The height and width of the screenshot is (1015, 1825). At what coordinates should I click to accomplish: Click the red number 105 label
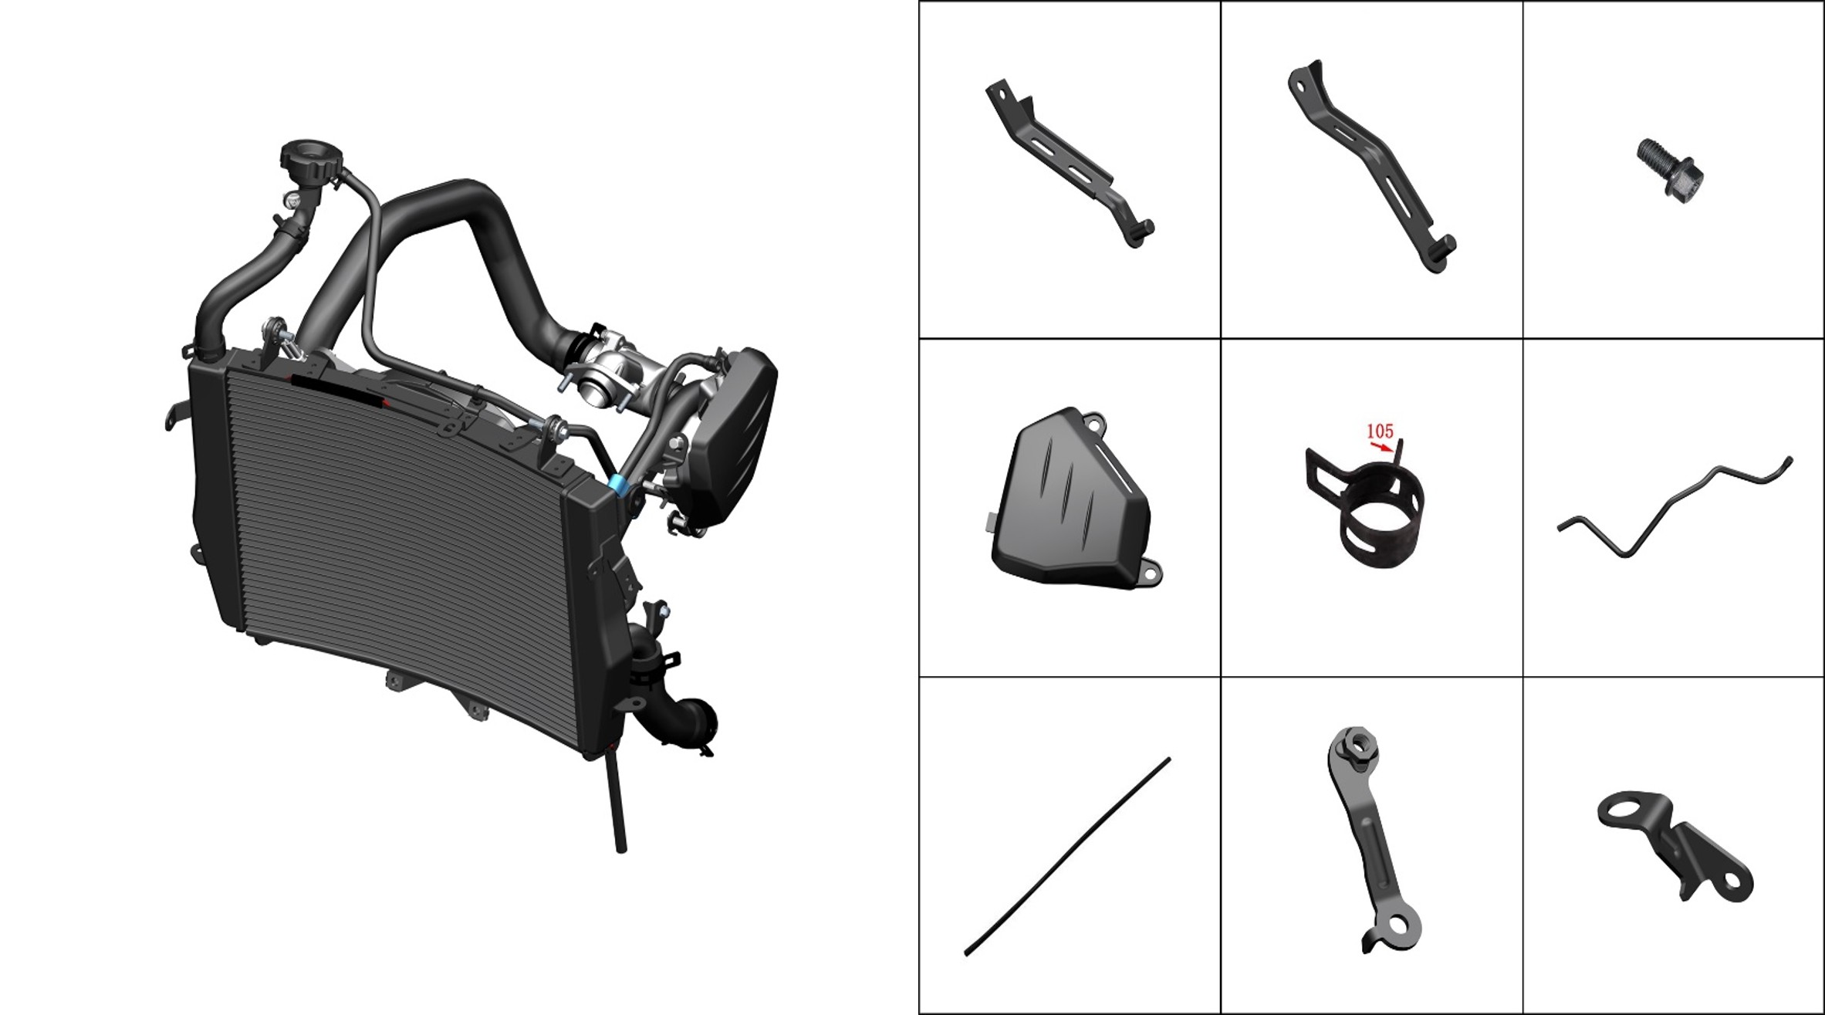click(x=1380, y=431)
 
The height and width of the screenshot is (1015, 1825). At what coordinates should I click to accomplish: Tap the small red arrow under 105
click(x=1382, y=446)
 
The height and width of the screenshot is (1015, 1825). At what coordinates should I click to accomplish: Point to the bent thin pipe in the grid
click(x=1675, y=506)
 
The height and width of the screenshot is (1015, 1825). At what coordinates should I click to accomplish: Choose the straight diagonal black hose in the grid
click(x=1067, y=857)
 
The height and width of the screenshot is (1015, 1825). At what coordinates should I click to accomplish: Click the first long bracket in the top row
click(x=1069, y=163)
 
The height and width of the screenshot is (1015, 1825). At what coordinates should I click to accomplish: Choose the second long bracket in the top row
click(x=1370, y=167)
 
